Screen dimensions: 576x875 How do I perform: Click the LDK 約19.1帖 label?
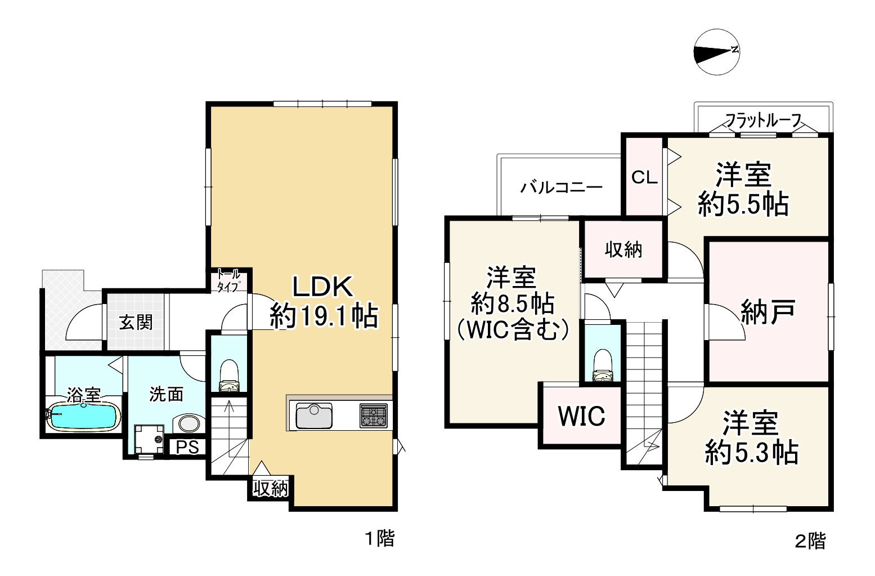click(323, 302)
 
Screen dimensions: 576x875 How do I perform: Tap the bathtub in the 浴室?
click(83, 417)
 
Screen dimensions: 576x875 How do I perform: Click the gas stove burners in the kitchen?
click(374, 416)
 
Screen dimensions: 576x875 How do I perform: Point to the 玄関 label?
click(136, 323)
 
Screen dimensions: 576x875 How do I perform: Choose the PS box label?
click(187, 447)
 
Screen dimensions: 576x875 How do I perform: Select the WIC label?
click(582, 416)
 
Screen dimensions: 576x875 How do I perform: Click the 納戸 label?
click(768, 311)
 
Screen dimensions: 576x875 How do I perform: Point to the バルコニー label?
click(561, 187)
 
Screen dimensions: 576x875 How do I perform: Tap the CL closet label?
click(644, 177)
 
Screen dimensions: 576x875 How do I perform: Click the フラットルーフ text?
click(763, 120)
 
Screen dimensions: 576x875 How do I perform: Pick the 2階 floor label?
click(810, 541)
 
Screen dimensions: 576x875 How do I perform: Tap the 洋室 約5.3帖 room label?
click(751, 437)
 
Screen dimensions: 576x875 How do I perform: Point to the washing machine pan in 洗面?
click(149, 439)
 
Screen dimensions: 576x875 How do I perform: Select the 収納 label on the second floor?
click(623, 249)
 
